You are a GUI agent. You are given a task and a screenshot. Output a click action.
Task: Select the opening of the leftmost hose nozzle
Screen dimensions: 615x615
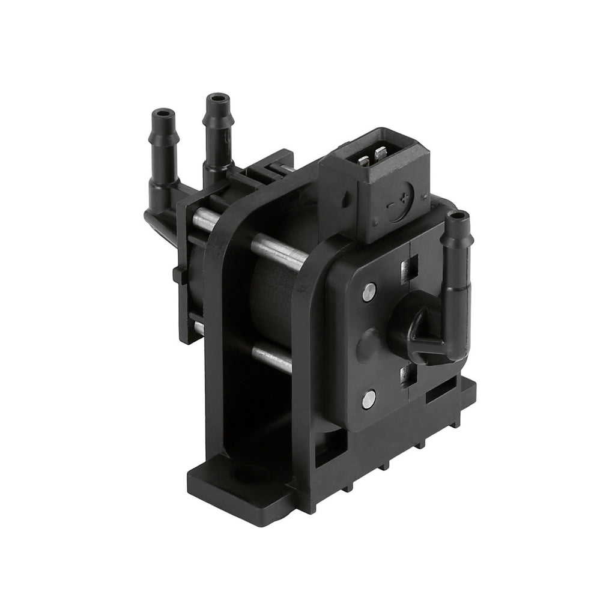(163, 112)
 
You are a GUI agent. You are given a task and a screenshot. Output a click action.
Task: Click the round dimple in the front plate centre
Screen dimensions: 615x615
(368, 344)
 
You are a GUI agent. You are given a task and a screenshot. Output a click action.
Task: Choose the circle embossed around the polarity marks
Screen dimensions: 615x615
(399, 204)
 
